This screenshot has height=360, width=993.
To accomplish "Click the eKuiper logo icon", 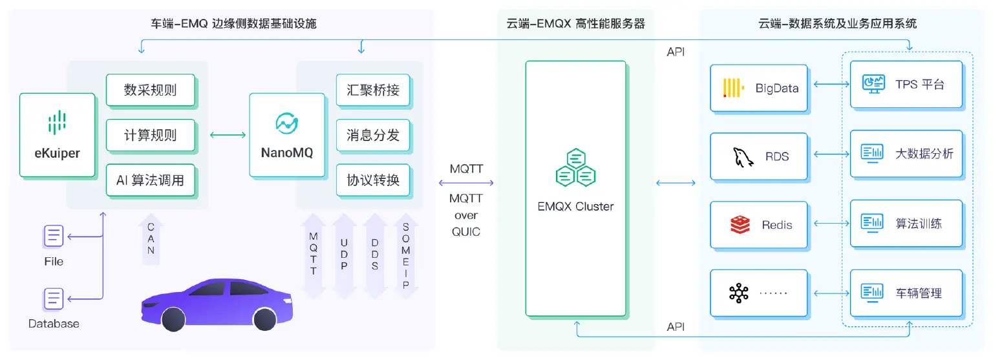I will coord(58,123).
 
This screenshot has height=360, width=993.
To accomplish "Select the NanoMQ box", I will coord(286,136).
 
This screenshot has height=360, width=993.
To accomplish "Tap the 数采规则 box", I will coord(150,90).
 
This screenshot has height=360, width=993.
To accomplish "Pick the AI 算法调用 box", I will coord(150,181).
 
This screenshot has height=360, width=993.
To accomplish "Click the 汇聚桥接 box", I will coord(373,90).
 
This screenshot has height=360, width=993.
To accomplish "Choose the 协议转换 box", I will coord(373,181).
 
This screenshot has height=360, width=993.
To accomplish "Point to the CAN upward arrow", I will coord(151,239).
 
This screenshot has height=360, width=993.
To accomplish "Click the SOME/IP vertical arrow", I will coord(405,255).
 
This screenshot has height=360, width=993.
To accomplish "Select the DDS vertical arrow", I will coord(375,255).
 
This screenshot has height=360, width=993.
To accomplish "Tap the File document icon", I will coord(54,236).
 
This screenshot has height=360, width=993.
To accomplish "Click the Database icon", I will coord(54,299).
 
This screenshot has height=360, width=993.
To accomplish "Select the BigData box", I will coord(758,87).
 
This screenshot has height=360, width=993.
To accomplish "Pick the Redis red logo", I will coord(740,225).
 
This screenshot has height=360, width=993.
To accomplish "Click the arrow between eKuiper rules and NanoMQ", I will coord(228,135).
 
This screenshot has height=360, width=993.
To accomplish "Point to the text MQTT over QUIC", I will coord(466,215).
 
